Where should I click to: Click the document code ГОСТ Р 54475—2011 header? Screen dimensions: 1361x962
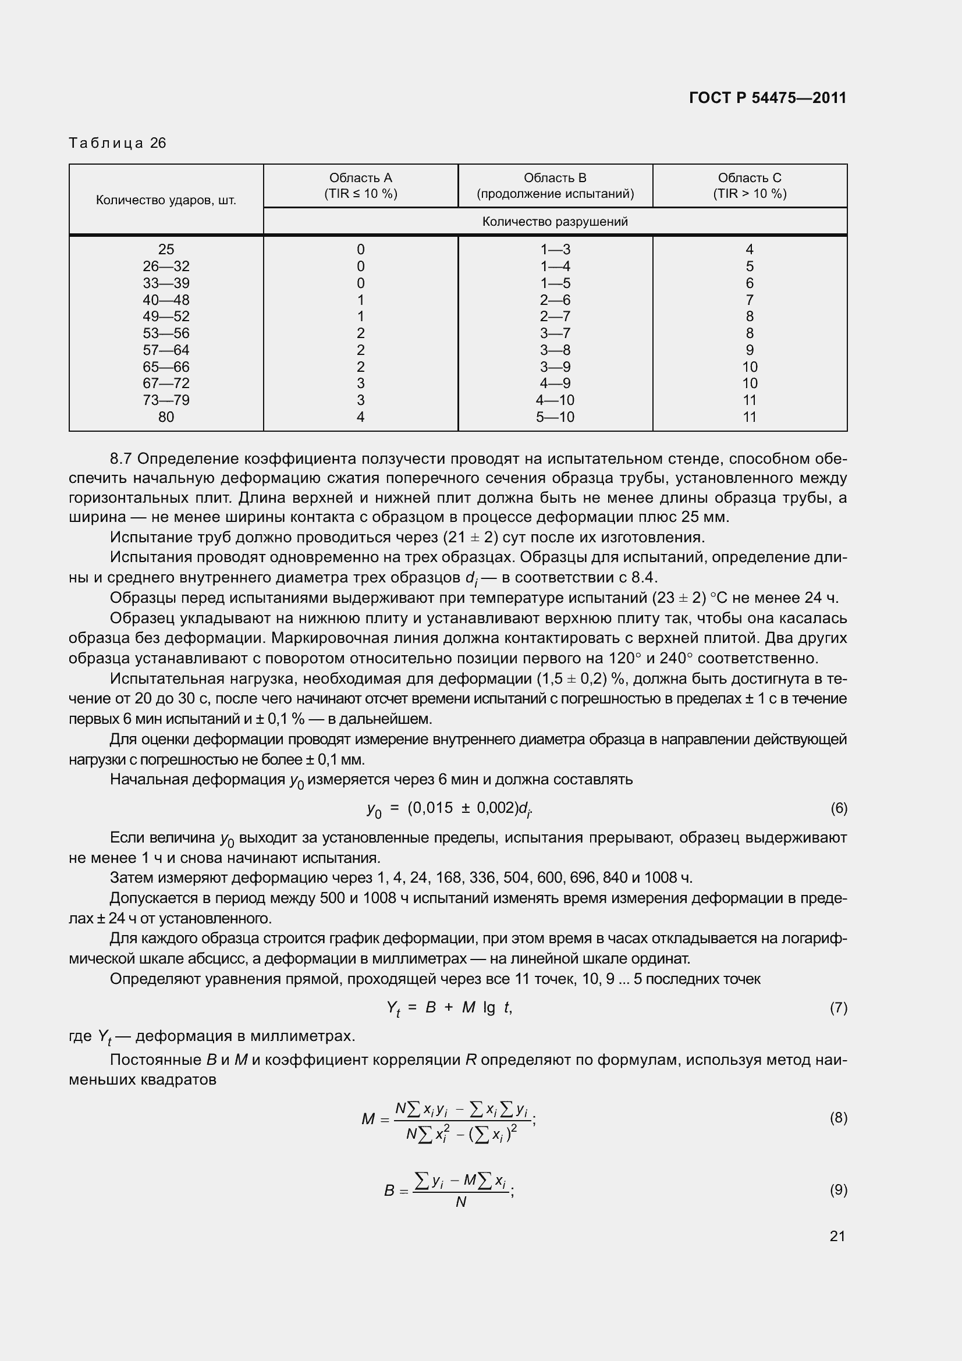coord(768,98)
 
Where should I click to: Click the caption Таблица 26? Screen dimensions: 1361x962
coord(118,143)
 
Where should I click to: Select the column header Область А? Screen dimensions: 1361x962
coord(360,178)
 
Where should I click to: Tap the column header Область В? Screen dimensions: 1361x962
coord(555,178)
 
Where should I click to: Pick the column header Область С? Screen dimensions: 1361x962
coord(749,178)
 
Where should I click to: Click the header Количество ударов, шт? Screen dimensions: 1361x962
coord(166,200)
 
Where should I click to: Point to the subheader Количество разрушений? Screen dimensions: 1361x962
coord(555,222)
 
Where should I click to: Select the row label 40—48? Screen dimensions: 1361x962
coord(166,300)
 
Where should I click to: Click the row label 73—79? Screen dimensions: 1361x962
coord(166,400)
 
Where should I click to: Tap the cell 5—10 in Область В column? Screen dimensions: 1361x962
coord(555,417)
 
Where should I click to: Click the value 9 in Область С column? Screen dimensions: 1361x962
coord(749,350)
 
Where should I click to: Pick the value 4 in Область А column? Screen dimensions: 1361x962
coord(360,417)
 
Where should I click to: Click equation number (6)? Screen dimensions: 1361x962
coord(838,809)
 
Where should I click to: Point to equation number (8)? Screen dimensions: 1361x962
coord(838,1118)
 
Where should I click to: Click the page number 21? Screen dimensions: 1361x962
coord(837,1236)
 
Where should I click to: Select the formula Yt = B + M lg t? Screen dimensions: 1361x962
coord(449,1008)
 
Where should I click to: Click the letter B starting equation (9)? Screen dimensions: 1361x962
coord(389,1191)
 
